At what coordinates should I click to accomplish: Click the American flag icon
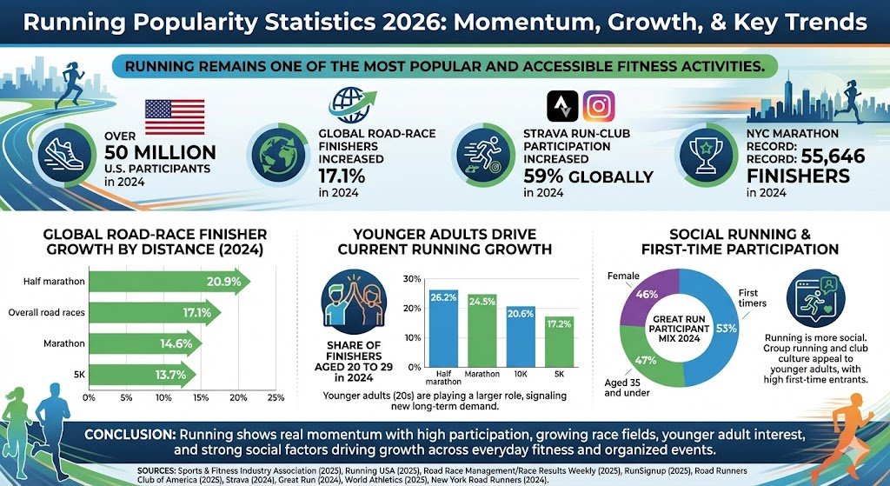pyautogui.click(x=175, y=117)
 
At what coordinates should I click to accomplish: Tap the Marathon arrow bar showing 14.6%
pyautogui.click(x=146, y=343)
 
